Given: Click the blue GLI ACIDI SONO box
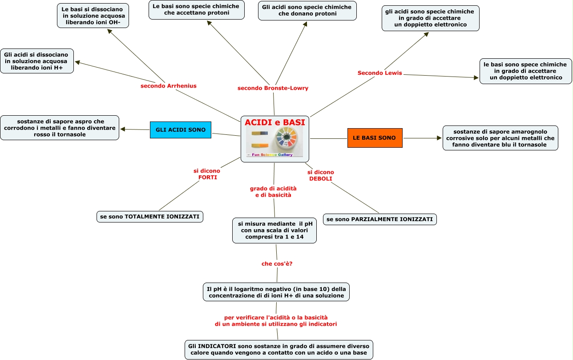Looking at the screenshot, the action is [x=181, y=130].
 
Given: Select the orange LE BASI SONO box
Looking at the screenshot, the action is [x=375, y=138].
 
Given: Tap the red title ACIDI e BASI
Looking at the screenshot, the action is [x=275, y=122].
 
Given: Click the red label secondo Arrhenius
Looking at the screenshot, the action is [x=168, y=86].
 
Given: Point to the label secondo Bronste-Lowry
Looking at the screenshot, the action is [x=273, y=88].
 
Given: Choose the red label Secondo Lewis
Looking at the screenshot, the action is [x=379, y=73].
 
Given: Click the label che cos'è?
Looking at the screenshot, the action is [x=277, y=264].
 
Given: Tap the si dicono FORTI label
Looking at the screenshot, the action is [x=207, y=174].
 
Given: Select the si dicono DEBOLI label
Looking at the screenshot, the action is [x=320, y=175].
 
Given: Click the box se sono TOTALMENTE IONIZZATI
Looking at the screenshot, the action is [x=150, y=217].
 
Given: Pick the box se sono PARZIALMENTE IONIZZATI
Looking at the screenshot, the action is [x=379, y=219].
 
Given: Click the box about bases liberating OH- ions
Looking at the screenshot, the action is [x=93, y=16].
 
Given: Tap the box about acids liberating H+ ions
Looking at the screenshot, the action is [x=37, y=61].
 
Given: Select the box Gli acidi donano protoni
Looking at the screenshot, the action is [x=307, y=11].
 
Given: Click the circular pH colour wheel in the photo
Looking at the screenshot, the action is [x=286, y=137].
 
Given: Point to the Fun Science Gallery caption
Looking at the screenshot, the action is [x=272, y=154].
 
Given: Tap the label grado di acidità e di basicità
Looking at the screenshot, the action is [x=273, y=192].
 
